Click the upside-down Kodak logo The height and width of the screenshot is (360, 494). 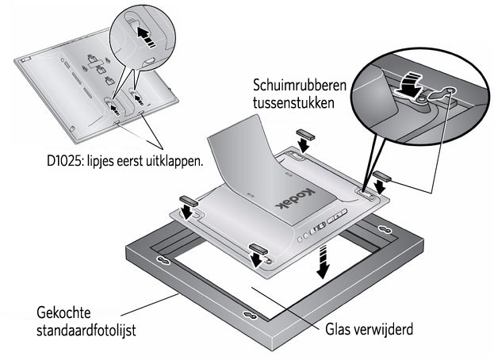tap(295, 197)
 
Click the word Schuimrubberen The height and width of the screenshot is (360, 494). tap(299, 85)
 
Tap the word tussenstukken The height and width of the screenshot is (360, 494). tap(293, 102)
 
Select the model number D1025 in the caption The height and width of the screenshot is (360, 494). tap(64, 161)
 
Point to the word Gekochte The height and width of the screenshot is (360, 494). tap(63, 312)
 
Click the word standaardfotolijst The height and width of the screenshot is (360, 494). tap(86, 331)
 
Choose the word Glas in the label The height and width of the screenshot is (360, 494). tap(338, 329)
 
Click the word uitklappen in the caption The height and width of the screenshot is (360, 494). tap(174, 162)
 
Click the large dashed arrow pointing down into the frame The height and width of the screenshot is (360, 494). tap(323, 262)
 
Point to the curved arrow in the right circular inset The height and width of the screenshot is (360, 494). tap(408, 83)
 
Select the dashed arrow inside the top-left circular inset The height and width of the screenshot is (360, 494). tap(146, 36)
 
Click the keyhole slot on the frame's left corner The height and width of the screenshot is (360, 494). tap(164, 260)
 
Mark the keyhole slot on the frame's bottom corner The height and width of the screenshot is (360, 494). tap(251, 315)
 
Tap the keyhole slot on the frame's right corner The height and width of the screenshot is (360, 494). tap(385, 229)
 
